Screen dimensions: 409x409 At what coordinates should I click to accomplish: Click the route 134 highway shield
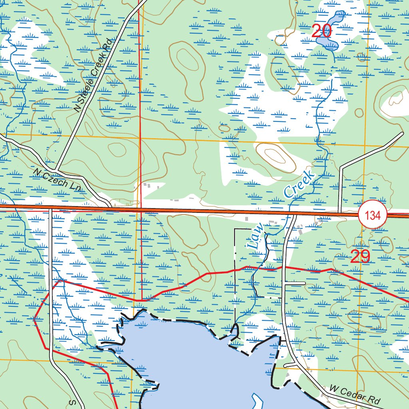pos(373,216)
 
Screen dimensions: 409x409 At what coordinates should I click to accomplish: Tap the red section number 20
pos(322,31)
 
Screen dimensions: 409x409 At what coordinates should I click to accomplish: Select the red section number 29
pos(360,256)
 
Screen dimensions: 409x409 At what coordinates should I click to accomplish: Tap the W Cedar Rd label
pos(355,394)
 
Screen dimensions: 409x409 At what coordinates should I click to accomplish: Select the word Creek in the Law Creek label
pos(299,183)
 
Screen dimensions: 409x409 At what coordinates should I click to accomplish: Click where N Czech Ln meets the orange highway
pos(111,207)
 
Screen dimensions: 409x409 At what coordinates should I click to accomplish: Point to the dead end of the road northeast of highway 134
pos(402,133)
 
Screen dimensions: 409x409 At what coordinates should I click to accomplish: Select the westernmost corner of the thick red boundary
pos(34,319)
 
